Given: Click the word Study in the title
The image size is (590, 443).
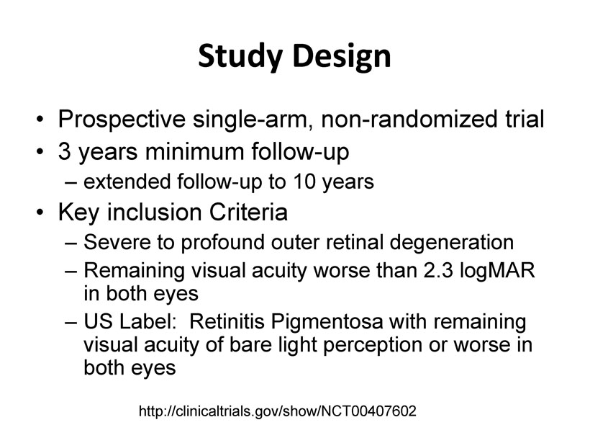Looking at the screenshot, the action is point(240,55).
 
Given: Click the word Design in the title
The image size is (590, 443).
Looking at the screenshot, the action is point(342,55).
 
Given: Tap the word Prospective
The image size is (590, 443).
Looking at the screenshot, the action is point(122,120).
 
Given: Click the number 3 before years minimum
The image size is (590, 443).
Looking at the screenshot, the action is point(64,151).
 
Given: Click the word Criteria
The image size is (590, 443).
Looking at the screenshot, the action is point(248,212).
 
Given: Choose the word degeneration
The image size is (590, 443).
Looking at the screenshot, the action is point(452,243).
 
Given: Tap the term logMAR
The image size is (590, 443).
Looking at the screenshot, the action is point(497,272).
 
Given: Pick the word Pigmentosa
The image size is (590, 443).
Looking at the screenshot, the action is point(327,323).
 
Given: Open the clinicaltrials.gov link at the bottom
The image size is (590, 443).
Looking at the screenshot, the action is point(278,411).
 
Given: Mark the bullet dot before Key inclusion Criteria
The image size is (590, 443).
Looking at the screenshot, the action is point(40,212).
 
